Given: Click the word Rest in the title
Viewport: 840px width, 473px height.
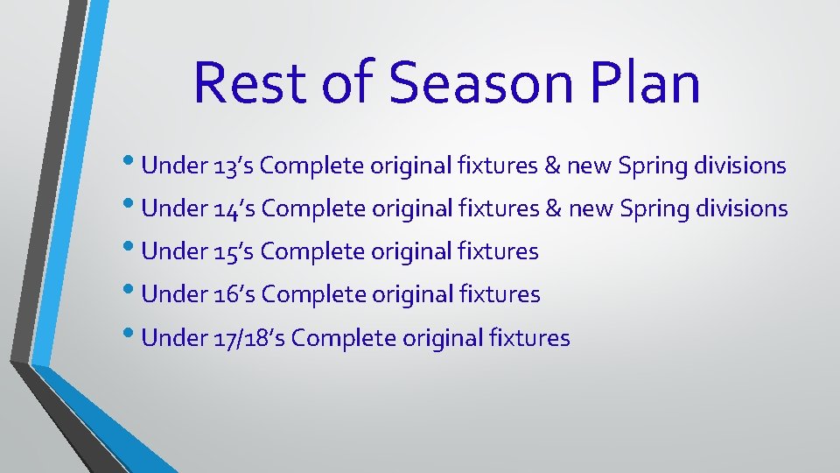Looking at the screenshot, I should pos(250,82).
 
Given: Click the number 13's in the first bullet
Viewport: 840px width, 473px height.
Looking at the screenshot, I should pos(234,166).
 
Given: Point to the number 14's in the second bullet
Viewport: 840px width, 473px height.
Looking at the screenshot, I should pos(235,209).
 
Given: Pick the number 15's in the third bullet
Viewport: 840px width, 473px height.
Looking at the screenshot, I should pos(235,252).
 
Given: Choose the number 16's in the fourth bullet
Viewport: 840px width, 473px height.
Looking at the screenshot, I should pos(235,295).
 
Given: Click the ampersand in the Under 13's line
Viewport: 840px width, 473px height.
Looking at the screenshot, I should pos(552,166).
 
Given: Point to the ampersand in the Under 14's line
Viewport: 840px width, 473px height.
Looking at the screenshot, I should pos(554,209).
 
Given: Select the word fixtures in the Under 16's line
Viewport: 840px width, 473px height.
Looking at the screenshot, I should pos(500,295).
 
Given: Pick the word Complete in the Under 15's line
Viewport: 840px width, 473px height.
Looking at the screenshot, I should pos(311,252).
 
